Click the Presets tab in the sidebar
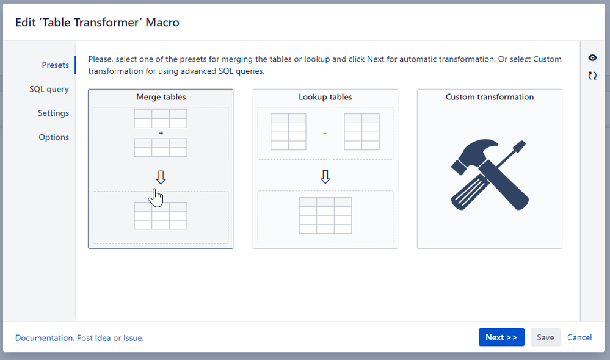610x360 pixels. pyautogui.click(x=55, y=65)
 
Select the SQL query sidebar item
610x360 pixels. pyautogui.click(x=49, y=90)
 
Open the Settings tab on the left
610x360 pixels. pyautogui.click(x=53, y=113)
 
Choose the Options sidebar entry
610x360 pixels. pyautogui.click(x=54, y=137)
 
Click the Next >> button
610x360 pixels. pyautogui.click(x=501, y=337)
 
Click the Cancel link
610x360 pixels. pyautogui.click(x=579, y=337)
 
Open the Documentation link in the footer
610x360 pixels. pyautogui.click(x=44, y=338)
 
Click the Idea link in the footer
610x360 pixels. pyautogui.click(x=103, y=338)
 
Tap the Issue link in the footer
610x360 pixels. pyautogui.click(x=133, y=338)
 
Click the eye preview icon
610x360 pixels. pyautogui.click(x=592, y=58)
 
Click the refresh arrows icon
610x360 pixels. pyautogui.click(x=592, y=76)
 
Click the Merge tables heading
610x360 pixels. pyautogui.click(x=161, y=97)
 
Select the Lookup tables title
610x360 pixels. pyautogui.click(x=325, y=97)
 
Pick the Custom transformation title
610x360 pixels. pyautogui.click(x=490, y=97)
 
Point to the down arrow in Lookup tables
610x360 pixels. pyautogui.click(x=325, y=177)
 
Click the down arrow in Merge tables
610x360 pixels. pyautogui.click(x=161, y=178)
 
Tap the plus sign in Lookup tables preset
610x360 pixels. pyautogui.click(x=325, y=134)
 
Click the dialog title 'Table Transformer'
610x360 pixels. pyautogui.click(x=90, y=23)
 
